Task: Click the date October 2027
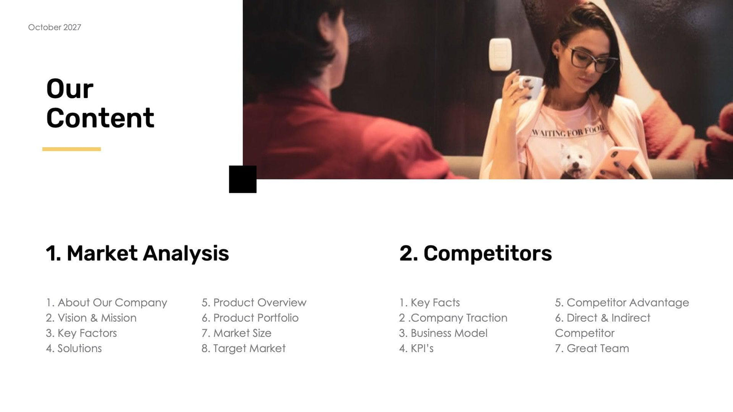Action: (54, 28)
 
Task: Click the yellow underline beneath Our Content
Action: (71, 149)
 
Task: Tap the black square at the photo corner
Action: (243, 179)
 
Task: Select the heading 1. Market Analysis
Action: (137, 253)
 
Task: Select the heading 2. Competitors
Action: (475, 253)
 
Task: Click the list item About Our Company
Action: (106, 303)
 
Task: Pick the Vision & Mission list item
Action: (91, 318)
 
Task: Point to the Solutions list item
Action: (74, 348)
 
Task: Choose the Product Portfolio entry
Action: (250, 318)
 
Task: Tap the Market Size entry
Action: (236, 333)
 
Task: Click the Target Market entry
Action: (243, 348)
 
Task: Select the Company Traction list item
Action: (453, 318)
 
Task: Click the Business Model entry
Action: (443, 333)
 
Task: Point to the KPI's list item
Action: (416, 348)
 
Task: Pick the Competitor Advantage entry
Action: (622, 303)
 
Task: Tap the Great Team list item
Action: (592, 348)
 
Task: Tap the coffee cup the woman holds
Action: (529, 86)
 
